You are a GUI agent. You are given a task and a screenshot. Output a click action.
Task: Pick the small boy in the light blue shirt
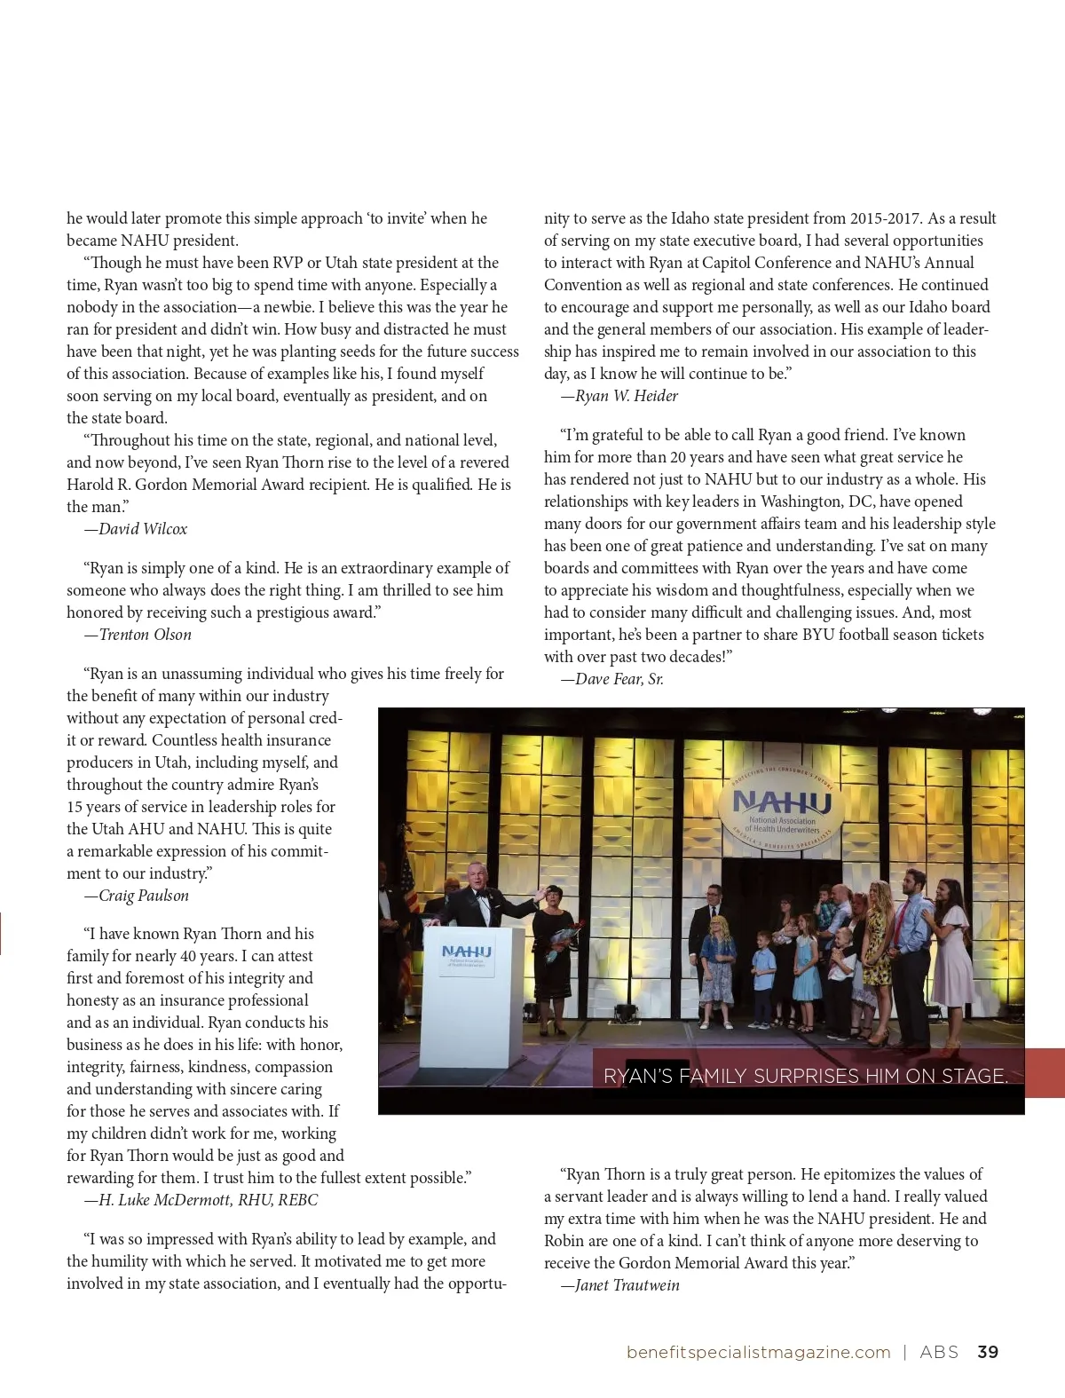[x=762, y=976]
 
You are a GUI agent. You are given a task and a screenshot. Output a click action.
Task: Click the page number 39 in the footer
[x=988, y=1352]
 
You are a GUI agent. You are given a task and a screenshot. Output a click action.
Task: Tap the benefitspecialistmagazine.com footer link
[x=758, y=1352]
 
